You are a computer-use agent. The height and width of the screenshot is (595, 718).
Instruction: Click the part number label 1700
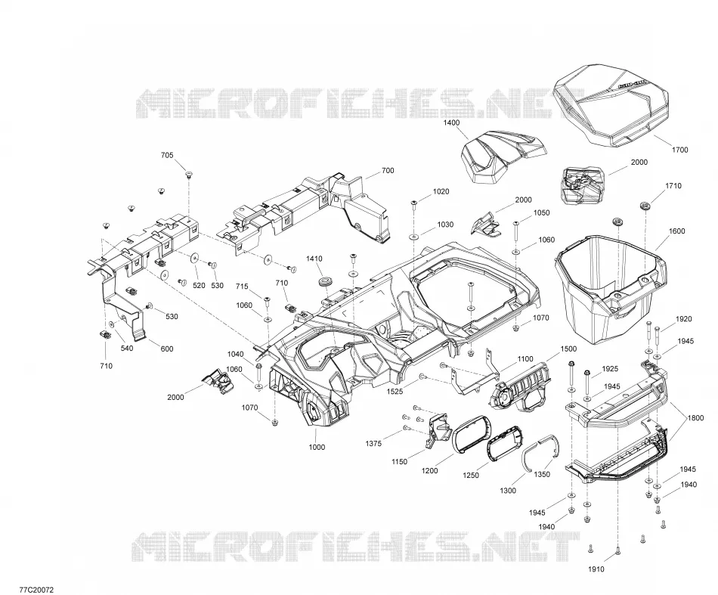(x=679, y=150)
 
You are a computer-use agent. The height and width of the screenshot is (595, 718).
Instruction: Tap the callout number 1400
(x=451, y=122)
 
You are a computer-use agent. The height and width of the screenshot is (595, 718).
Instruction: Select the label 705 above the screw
(x=167, y=155)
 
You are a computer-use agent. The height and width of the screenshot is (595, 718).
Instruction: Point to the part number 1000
(x=317, y=447)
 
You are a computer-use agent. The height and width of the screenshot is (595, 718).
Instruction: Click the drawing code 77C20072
(x=36, y=590)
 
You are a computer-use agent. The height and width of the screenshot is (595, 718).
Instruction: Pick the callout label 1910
(x=596, y=569)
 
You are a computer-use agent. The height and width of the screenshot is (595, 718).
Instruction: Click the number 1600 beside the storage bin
(x=676, y=231)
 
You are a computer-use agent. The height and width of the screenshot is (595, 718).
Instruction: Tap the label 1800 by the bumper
(x=695, y=418)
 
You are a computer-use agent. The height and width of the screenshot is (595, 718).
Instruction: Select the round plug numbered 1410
(x=325, y=280)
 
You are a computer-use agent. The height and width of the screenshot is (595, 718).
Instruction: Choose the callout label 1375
(x=373, y=443)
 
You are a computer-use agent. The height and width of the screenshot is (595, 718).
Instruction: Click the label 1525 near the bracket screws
(x=395, y=392)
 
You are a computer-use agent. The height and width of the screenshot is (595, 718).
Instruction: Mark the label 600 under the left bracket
(x=167, y=349)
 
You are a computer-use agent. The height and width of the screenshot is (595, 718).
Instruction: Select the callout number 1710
(x=673, y=185)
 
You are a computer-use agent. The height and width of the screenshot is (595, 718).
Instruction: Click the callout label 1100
(x=525, y=358)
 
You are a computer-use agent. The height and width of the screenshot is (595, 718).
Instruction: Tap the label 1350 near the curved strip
(x=542, y=475)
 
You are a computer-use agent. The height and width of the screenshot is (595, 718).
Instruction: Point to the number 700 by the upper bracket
(x=388, y=170)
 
